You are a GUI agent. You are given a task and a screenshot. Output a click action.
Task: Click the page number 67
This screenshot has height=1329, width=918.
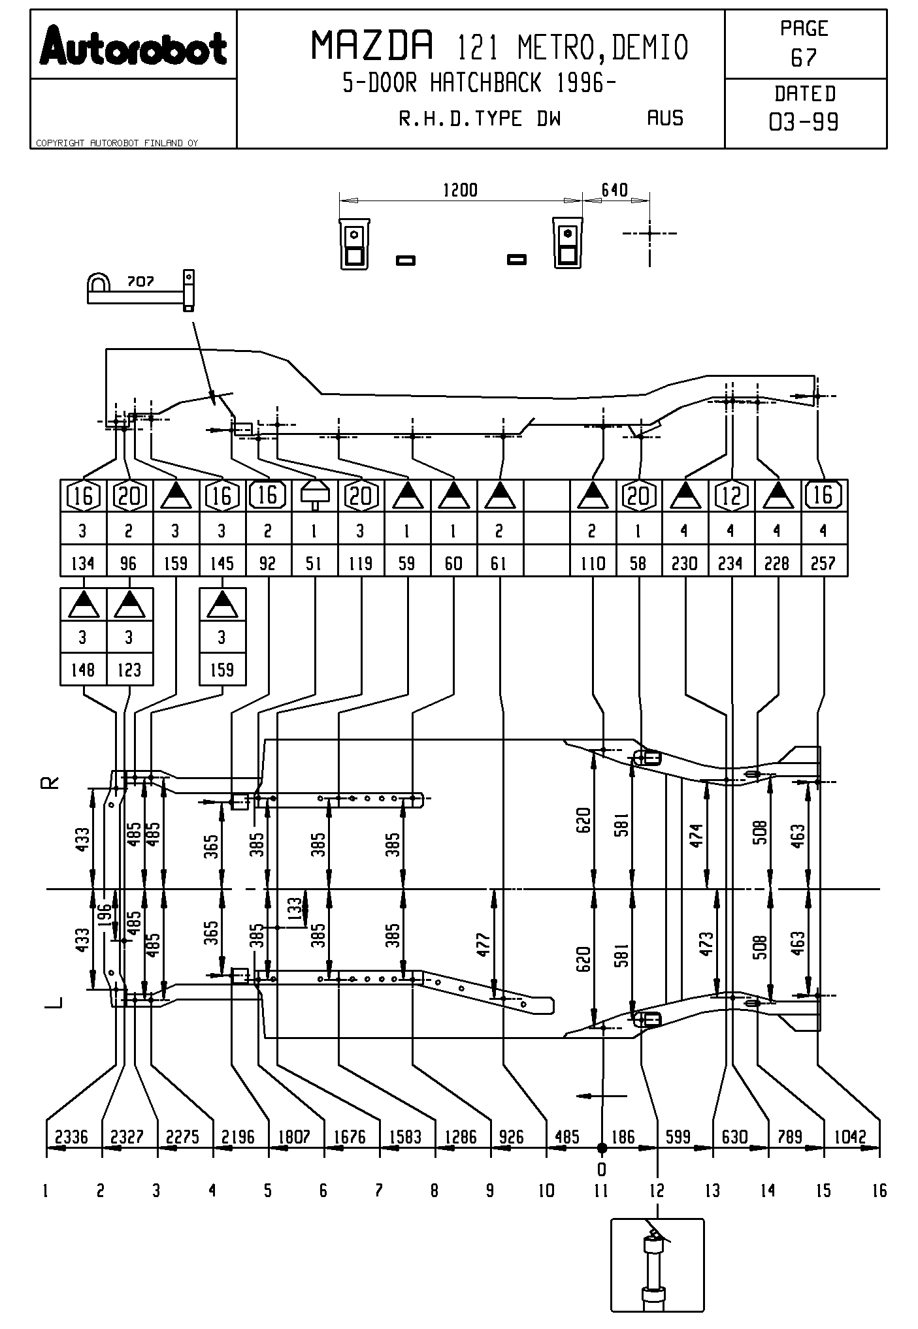pyautogui.click(x=804, y=58)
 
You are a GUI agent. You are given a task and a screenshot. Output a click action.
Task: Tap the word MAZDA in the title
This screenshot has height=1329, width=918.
pyautogui.click(x=372, y=46)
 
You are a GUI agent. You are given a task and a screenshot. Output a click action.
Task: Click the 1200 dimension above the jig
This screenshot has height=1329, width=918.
pyautogui.click(x=460, y=190)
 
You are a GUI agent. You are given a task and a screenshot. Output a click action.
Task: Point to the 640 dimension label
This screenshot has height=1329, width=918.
pyautogui.click(x=614, y=190)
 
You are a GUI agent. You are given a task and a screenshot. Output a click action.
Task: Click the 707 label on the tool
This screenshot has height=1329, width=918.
pyautogui.click(x=140, y=281)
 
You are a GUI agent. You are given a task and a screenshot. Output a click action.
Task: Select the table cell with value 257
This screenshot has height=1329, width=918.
pyautogui.click(x=823, y=563)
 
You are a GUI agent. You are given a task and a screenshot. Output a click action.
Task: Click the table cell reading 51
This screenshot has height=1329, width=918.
pyautogui.click(x=314, y=563)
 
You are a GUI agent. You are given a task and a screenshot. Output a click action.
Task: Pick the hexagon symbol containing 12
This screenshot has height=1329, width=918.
pyautogui.click(x=731, y=496)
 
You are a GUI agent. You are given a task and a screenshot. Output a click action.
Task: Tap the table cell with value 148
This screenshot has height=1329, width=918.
pyautogui.click(x=82, y=670)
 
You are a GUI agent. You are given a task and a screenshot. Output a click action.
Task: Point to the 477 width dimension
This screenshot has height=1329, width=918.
pyautogui.click(x=484, y=944)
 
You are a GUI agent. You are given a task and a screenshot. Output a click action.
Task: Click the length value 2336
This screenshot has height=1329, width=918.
pyautogui.click(x=72, y=1137)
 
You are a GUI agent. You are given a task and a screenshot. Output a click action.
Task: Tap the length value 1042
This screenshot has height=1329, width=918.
pyautogui.click(x=851, y=1137)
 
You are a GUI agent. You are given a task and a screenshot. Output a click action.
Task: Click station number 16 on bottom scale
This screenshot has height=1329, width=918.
pyautogui.click(x=879, y=1191)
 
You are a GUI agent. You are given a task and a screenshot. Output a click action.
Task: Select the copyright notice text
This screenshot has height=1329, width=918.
pyautogui.click(x=117, y=143)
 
